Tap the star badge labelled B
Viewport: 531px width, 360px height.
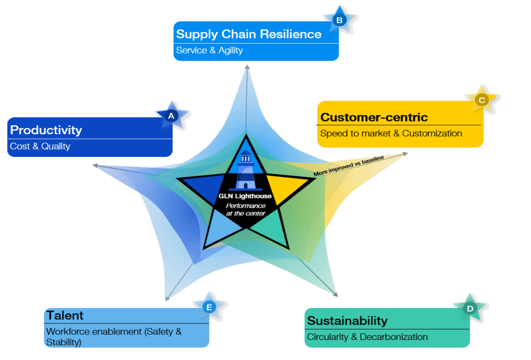tap(339, 21)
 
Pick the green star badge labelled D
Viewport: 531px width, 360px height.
tap(469, 309)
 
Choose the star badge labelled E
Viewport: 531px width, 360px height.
tap(209, 307)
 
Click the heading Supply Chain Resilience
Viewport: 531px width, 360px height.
tap(249, 34)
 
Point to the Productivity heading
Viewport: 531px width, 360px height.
tap(46, 129)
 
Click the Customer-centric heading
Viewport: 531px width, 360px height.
tap(374, 117)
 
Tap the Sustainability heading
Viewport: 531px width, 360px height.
tap(347, 321)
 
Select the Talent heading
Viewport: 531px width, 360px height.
tap(65, 315)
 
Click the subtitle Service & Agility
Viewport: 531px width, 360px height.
tap(209, 51)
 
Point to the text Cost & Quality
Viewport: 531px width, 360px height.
tap(40, 146)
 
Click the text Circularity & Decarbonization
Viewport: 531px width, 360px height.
tap(367, 337)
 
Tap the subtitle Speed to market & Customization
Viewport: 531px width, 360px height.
tap(391, 134)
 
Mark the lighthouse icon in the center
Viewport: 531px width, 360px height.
tap(245, 170)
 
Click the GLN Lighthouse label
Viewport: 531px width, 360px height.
tap(245, 196)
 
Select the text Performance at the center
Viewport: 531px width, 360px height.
tap(245, 209)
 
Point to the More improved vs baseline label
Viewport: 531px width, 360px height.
tap(349, 165)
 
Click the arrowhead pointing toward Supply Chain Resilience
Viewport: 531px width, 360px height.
tap(247, 67)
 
